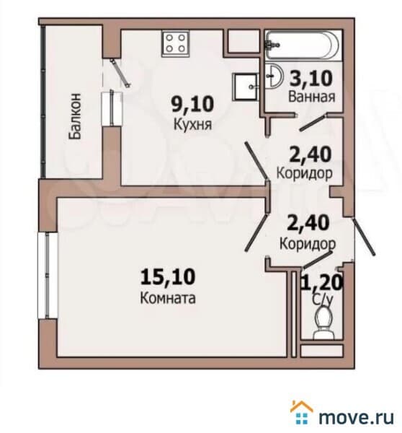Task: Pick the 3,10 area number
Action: click(311, 76)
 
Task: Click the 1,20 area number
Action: click(321, 281)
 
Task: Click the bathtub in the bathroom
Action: click(296, 45)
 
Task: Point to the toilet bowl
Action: click(322, 320)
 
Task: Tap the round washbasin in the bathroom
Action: click(274, 74)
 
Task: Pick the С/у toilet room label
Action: click(321, 296)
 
